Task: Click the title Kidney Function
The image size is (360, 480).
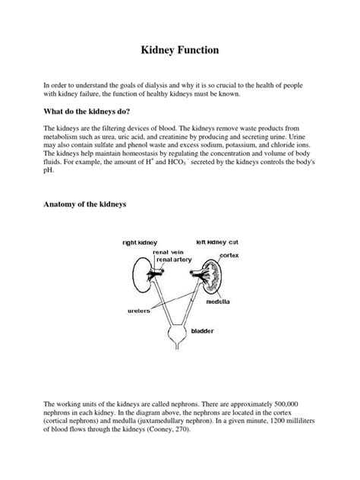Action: (x=179, y=51)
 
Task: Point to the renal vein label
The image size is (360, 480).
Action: (x=169, y=251)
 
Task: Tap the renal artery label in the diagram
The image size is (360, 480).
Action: (x=173, y=259)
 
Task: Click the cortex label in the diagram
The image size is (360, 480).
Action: (x=229, y=255)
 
